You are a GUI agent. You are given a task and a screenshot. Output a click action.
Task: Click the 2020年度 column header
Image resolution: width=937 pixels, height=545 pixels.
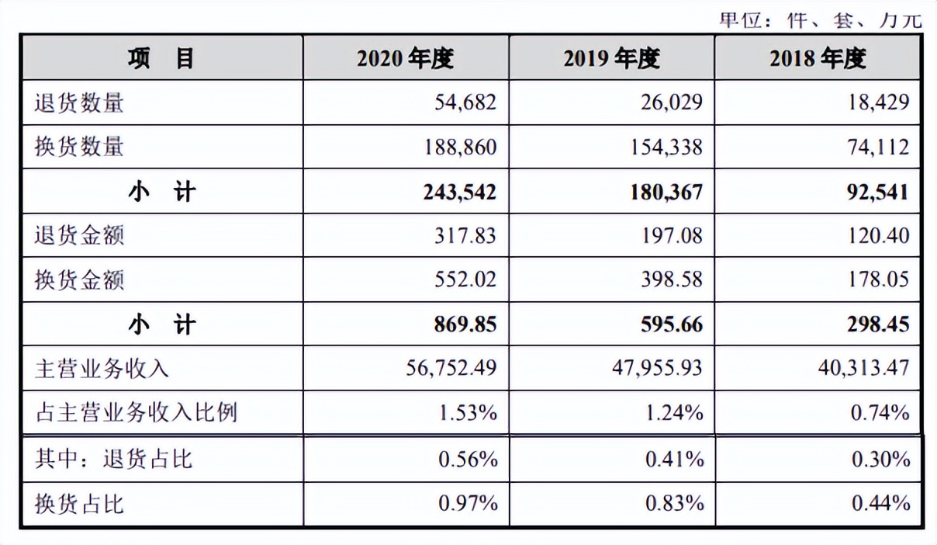tap(405, 58)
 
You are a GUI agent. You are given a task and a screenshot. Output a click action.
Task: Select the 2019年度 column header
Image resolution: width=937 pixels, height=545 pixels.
tap(611, 58)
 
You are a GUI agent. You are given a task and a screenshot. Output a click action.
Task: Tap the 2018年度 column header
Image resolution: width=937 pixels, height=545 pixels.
tap(818, 58)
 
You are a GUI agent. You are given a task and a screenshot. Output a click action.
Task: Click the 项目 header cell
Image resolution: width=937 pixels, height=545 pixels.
tap(161, 58)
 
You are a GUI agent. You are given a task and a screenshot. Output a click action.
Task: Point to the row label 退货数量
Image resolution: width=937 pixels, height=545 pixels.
tap(79, 102)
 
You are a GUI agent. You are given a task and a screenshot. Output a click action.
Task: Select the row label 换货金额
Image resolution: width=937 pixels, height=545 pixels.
tap(79, 279)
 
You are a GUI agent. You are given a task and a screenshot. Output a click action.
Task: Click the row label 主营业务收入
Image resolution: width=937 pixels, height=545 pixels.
tap(102, 368)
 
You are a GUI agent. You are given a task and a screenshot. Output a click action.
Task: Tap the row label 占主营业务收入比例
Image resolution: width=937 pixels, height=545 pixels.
tap(136, 412)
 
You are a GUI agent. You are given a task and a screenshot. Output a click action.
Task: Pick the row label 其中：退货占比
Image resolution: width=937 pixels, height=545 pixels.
tap(113, 459)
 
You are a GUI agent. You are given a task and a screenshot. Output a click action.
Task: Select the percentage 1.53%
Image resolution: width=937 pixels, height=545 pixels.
tap(468, 412)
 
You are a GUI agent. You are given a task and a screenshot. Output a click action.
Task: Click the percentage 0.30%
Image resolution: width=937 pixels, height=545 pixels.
tap(880, 459)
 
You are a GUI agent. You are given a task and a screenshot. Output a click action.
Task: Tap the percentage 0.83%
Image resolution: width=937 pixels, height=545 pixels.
tap(674, 504)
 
